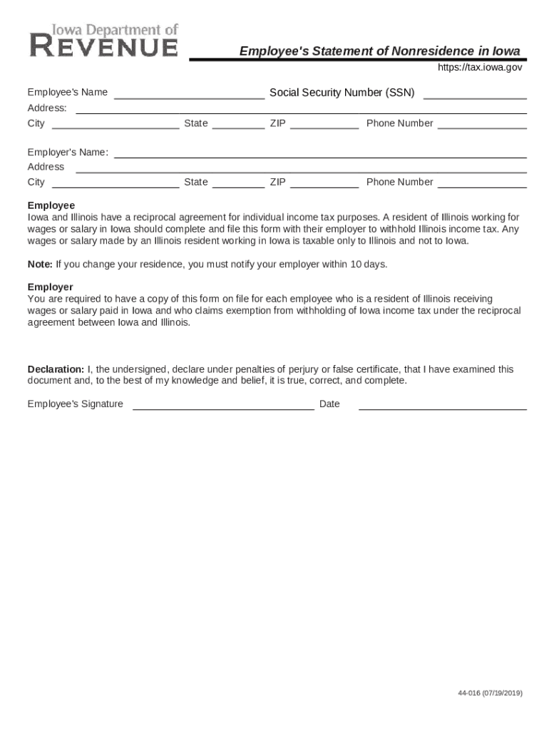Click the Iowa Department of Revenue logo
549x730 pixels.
[104, 41]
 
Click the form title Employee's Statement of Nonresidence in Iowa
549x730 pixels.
[379, 51]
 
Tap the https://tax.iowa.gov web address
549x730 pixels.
[479, 67]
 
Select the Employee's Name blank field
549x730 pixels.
[189, 93]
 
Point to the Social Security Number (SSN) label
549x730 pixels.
[342, 93]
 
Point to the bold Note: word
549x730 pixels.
[40, 264]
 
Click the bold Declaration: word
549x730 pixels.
[56, 369]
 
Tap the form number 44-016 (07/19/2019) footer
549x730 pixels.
[490, 693]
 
